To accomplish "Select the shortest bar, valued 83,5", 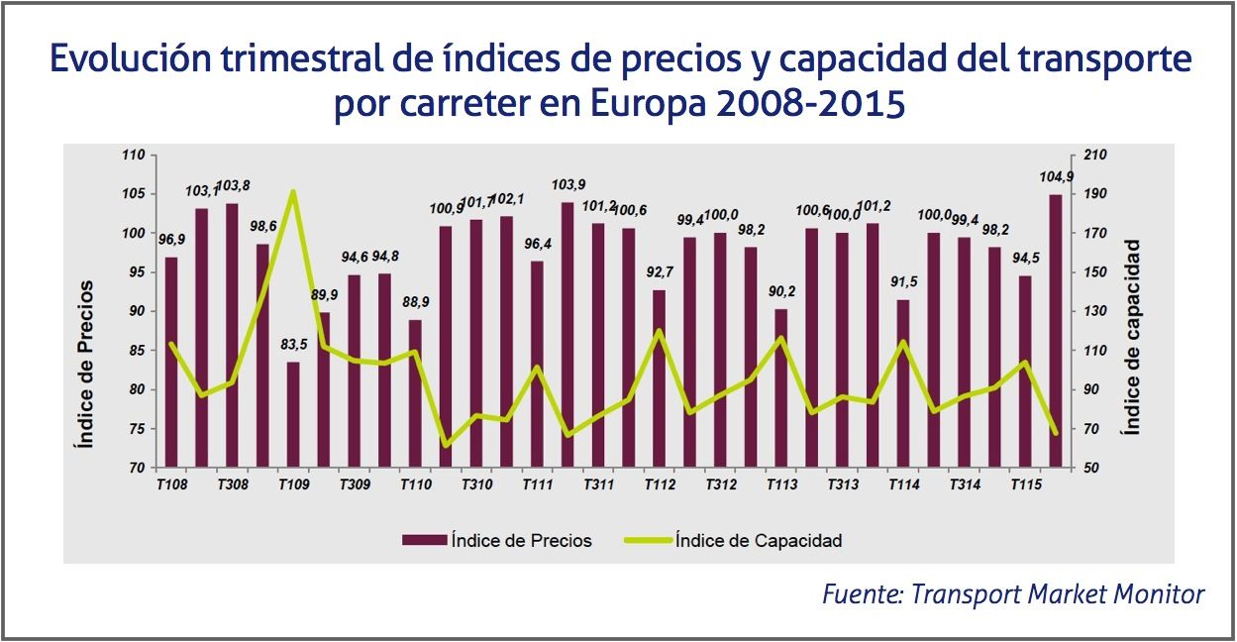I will [293, 414].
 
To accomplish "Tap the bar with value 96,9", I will [171, 362].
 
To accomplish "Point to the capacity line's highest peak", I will [293, 192].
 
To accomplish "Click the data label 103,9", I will [567, 185].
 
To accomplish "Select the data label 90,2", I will [781, 292].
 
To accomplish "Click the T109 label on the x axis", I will [292, 485].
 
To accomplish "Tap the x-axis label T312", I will [720, 485].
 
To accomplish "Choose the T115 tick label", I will [1025, 485].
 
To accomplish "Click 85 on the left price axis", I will [136, 350].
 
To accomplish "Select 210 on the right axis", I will [1095, 156].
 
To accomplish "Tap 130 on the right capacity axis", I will [1095, 311].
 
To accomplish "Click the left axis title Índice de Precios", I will [86, 365].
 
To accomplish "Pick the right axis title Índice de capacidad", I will [1133, 337].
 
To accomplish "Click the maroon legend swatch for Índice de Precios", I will [424, 540].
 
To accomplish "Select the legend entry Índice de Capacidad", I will [758, 540].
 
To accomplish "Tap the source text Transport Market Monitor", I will [1057, 593].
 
